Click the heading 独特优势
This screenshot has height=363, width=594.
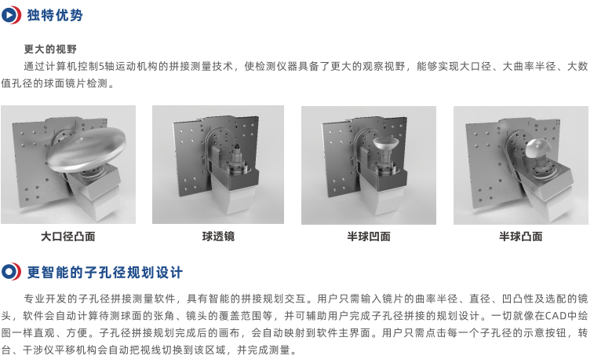point(55,15)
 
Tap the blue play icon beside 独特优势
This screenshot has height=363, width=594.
point(11,15)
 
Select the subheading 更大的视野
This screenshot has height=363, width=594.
point(50,49)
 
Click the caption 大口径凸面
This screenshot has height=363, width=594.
point(67,236)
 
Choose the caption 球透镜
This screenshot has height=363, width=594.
point(218,236)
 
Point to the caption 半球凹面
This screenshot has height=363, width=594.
point(369,236)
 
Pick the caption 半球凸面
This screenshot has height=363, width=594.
point(520,236)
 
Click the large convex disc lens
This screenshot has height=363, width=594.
point(86,149)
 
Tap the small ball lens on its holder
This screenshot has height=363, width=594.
point(236,145)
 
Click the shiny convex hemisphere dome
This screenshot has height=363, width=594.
point(538,149)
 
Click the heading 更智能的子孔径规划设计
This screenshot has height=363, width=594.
point(105,273)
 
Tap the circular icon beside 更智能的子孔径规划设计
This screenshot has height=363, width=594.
point(11,272)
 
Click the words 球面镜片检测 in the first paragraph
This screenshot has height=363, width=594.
point(76,83)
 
